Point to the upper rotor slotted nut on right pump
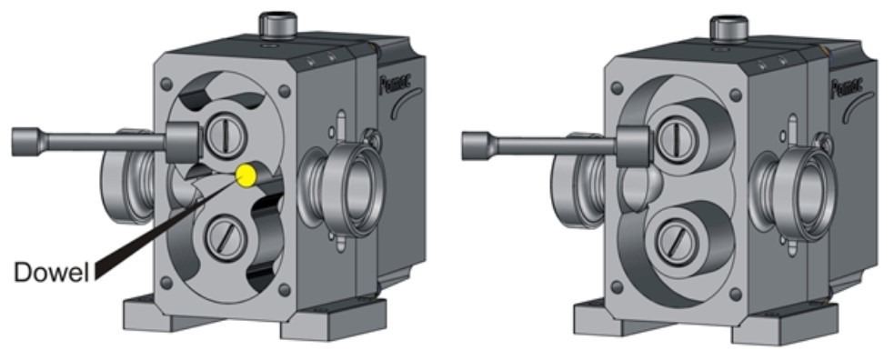pos(672,138)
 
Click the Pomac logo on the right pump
pos(845,88)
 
